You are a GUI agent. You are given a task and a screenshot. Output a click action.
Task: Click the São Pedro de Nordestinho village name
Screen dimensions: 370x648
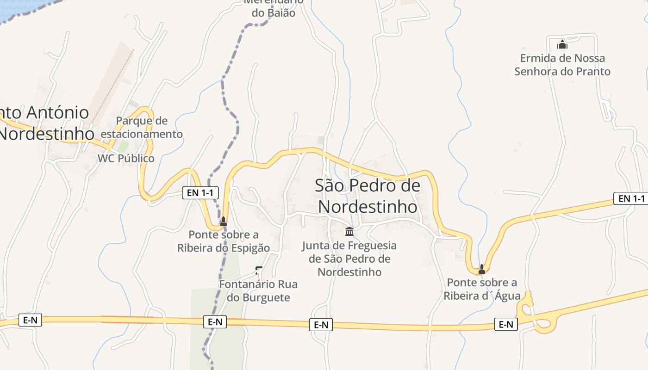coord(368,196)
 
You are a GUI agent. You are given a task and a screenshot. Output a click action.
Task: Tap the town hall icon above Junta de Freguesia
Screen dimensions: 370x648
coord(349,231)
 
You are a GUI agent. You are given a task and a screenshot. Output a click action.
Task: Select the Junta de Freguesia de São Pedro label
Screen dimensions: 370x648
coord(349,259)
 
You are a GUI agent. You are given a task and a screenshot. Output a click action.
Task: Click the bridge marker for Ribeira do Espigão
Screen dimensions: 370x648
coord(224,221)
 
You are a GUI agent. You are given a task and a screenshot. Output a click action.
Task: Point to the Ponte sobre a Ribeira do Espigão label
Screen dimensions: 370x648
coord(224,241)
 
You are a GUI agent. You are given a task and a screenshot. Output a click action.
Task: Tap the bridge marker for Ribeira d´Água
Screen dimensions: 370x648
coord(482,269)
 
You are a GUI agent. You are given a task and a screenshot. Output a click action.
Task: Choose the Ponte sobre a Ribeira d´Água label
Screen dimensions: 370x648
coord(482,289)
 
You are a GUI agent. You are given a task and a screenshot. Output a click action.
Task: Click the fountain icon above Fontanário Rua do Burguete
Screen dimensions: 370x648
coord(259,270)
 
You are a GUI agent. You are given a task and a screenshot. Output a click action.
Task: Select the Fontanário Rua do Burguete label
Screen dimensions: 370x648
coord(258,290)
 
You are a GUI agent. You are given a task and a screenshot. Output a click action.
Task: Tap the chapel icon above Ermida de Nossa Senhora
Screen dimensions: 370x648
coord(562,45)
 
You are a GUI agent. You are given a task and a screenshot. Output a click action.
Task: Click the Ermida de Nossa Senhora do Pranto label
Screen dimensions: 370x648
coord(562,65)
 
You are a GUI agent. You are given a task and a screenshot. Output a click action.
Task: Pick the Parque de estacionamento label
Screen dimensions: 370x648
coord(142,128)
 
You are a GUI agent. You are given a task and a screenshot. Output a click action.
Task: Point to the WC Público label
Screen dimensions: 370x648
coord(126,158)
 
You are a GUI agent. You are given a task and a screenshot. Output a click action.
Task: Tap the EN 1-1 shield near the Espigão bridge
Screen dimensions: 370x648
coord(200,193)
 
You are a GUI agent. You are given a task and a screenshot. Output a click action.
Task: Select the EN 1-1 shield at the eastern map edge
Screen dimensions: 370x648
coord(631,198)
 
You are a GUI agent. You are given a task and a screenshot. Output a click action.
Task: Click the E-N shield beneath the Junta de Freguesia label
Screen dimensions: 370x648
coord(321,325)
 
